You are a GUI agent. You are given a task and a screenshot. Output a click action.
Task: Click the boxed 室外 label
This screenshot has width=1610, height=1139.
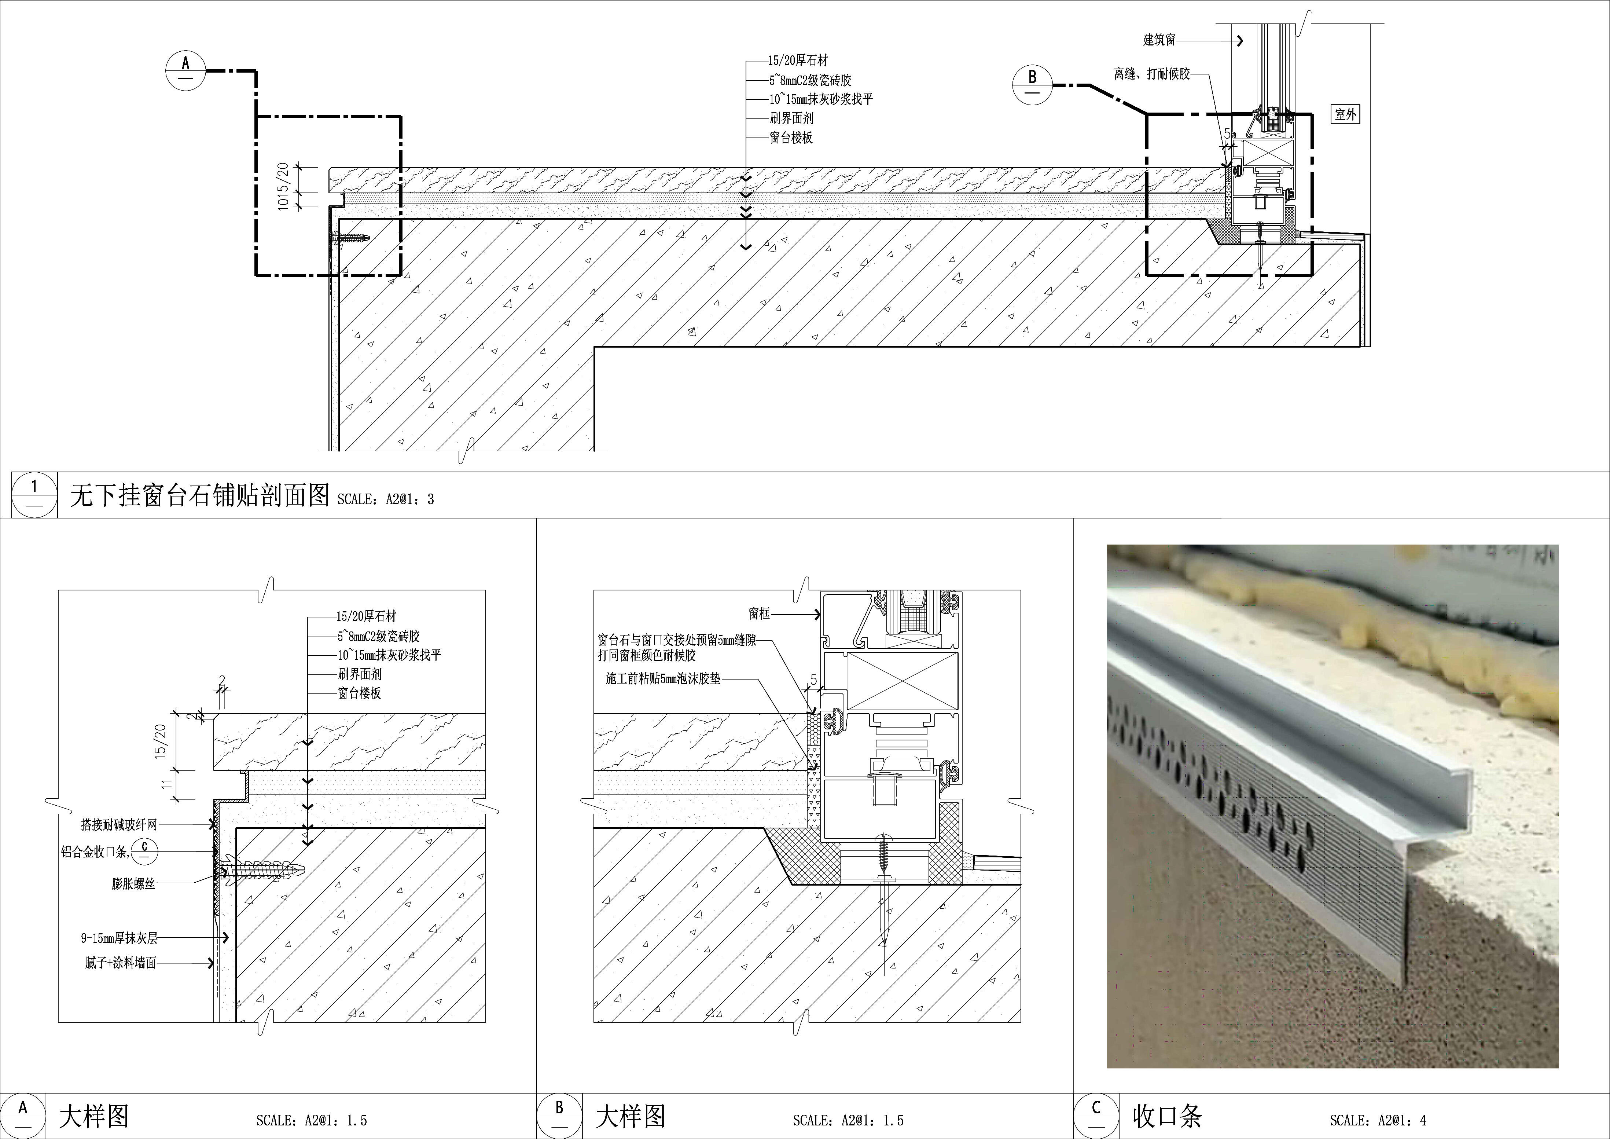(x=1345, y=114)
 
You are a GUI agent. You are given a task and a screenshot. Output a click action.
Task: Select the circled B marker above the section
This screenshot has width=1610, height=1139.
(x=1032, y=85)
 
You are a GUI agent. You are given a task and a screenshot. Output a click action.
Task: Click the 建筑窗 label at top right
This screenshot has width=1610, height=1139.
(x=1159, y=40)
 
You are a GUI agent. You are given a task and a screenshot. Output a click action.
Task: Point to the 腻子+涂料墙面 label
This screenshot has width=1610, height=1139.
(x=121, y=963)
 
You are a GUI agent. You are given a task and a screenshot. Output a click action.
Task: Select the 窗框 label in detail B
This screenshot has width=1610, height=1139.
(x=759, y=614)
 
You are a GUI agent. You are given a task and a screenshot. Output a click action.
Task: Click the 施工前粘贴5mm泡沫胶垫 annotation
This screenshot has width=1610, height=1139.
(x=663, y=679)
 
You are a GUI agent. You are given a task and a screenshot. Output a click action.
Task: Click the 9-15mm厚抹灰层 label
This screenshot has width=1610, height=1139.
(x=118, y=938)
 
